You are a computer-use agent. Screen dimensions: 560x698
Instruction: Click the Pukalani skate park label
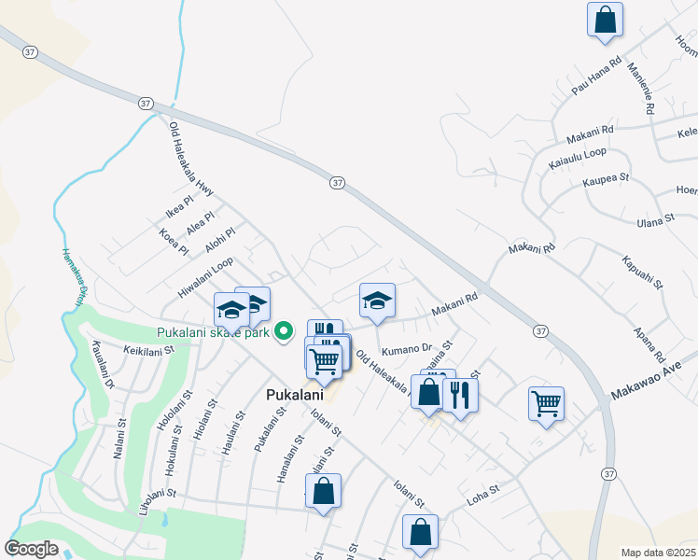(213, 332)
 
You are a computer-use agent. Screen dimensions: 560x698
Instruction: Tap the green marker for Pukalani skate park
(286, 331)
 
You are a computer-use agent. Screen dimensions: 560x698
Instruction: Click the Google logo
(31, 549)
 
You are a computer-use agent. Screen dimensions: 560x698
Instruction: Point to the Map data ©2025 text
(659, 553)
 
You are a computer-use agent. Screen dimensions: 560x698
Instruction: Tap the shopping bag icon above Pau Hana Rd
(605, 19)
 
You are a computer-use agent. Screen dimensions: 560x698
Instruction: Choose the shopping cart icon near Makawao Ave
(546, 403)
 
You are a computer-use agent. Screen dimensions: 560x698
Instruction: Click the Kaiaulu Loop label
(578, 156)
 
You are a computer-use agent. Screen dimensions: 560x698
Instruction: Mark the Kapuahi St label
(645, 270)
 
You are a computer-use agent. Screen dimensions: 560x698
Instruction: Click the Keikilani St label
(149, 351)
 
